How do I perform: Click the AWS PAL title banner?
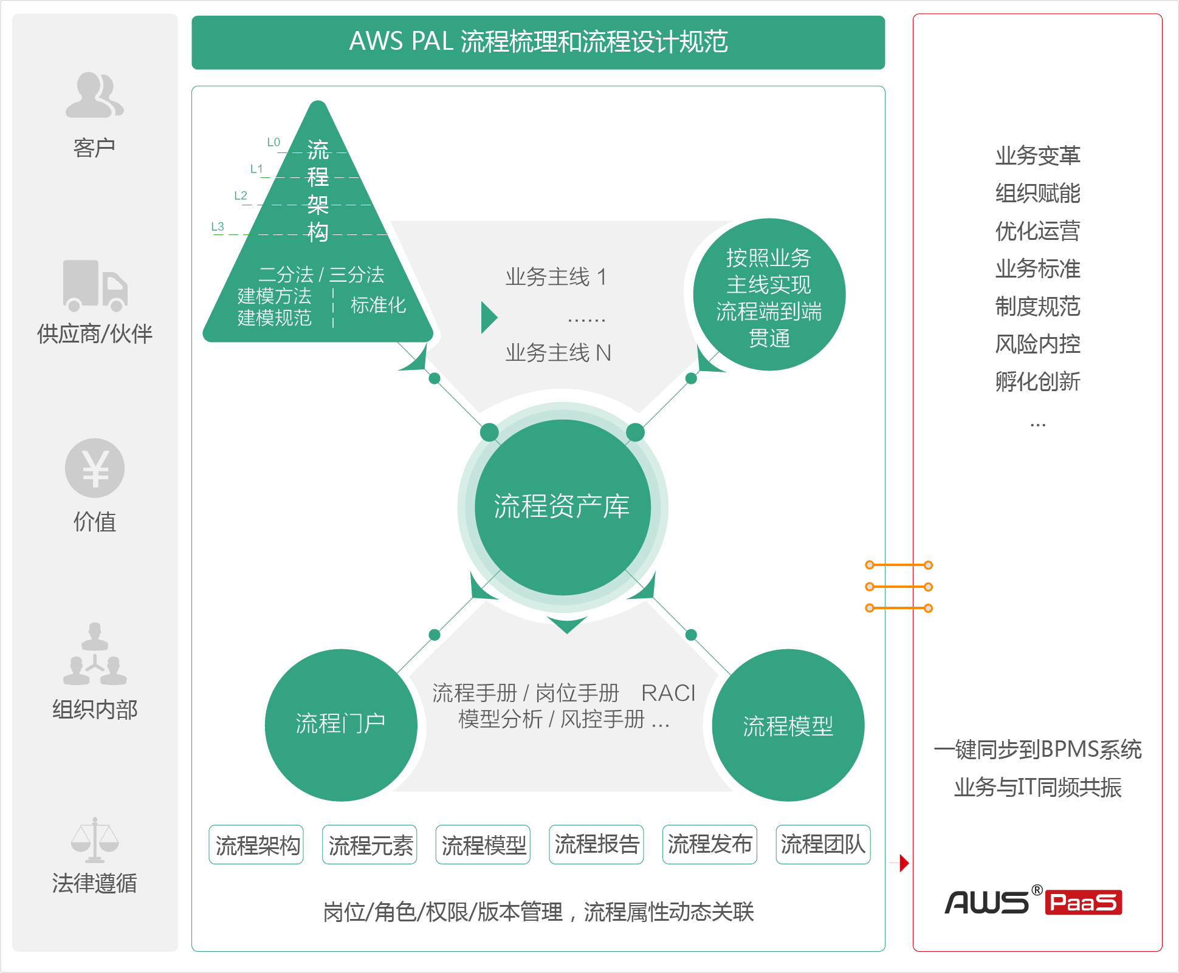click(x=538, y=43)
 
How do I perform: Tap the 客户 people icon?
click(x=95, y=95)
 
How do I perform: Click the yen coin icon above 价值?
click(x=95, y=468)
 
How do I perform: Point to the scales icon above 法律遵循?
click(x=95, y=840)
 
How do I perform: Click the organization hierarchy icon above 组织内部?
click(x=95, y=654)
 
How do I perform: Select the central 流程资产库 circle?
click(x=563, y=507)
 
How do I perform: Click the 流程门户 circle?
click(x=341, y=725)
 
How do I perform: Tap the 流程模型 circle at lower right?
click(x=788, y=725)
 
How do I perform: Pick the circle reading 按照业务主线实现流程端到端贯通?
click(x=769, y=295)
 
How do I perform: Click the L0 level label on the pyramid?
click(x=273, y=142)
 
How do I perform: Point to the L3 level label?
click(x=218, y=227)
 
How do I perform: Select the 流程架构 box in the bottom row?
click(x=256, y=844)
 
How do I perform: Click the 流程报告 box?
click(x=596, y=844)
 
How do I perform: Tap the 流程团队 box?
click(x=823, y=844)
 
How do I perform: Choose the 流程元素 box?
click(x=370, y=844)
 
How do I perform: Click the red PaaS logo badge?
click(x=1084, y=903)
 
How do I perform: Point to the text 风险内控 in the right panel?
click(x=1038, y=344)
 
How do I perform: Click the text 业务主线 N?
click(x=558, y=353)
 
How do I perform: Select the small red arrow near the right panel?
click(x=904, y=862)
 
